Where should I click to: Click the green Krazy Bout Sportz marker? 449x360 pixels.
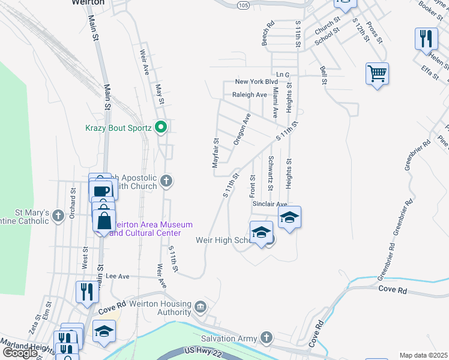pos(160,127)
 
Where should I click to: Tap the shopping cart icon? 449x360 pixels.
pos(377,74)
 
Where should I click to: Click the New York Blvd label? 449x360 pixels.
pos(256,82)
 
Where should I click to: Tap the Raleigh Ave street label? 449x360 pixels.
pos(250,95)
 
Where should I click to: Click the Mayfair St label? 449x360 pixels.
pos(215,151)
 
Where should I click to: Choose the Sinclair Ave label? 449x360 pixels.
pos(270,204)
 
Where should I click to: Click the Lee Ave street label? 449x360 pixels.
pos(118,276)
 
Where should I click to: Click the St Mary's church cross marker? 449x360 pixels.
pos(58,215)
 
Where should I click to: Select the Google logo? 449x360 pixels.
pos(20,352)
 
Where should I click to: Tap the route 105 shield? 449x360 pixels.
pos(242,5)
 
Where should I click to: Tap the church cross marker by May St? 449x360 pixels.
pos(167,181)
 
